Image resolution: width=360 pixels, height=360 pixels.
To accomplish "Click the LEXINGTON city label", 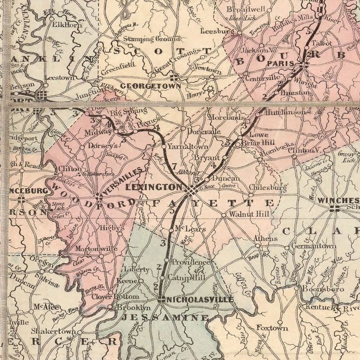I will point(153,187).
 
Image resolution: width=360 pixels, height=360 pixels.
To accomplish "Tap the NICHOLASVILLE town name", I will point(200,300).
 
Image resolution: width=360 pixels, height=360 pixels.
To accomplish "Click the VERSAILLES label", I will point(124,182).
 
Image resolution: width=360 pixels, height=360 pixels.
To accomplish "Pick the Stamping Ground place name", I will point(146,39).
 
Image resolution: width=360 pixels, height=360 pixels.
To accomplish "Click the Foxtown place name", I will point(272,327).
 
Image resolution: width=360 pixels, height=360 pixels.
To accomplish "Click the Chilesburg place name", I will point(268,187).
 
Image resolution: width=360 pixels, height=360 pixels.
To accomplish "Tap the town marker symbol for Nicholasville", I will point(161,299).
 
